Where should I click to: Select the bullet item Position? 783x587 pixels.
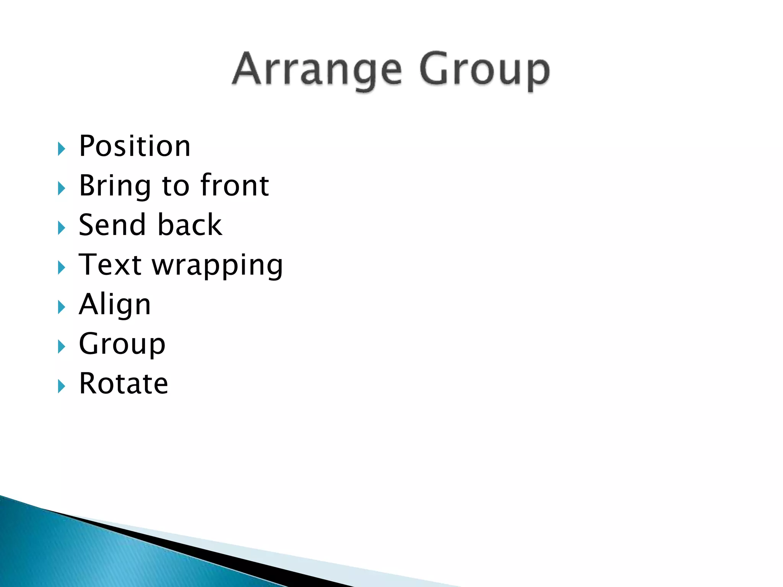coord(135,146)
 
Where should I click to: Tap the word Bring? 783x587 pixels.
coord(115,186)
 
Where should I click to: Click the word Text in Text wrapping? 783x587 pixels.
coord(110,265)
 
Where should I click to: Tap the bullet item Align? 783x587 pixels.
coord(115,305)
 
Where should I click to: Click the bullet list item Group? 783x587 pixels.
coord(122,344)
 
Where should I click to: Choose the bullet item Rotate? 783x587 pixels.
coord(123,384)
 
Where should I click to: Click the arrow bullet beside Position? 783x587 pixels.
coord(61,149)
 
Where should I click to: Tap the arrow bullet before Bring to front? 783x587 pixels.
coord(61,188)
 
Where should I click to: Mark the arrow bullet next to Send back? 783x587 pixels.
coord(61,228)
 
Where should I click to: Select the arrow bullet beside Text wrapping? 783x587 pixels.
coord(61,268)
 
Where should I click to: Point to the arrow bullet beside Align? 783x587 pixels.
coord(61,307)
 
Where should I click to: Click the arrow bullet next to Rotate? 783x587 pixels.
coord(61,386)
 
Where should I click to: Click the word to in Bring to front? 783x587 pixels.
coord(175,186)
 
